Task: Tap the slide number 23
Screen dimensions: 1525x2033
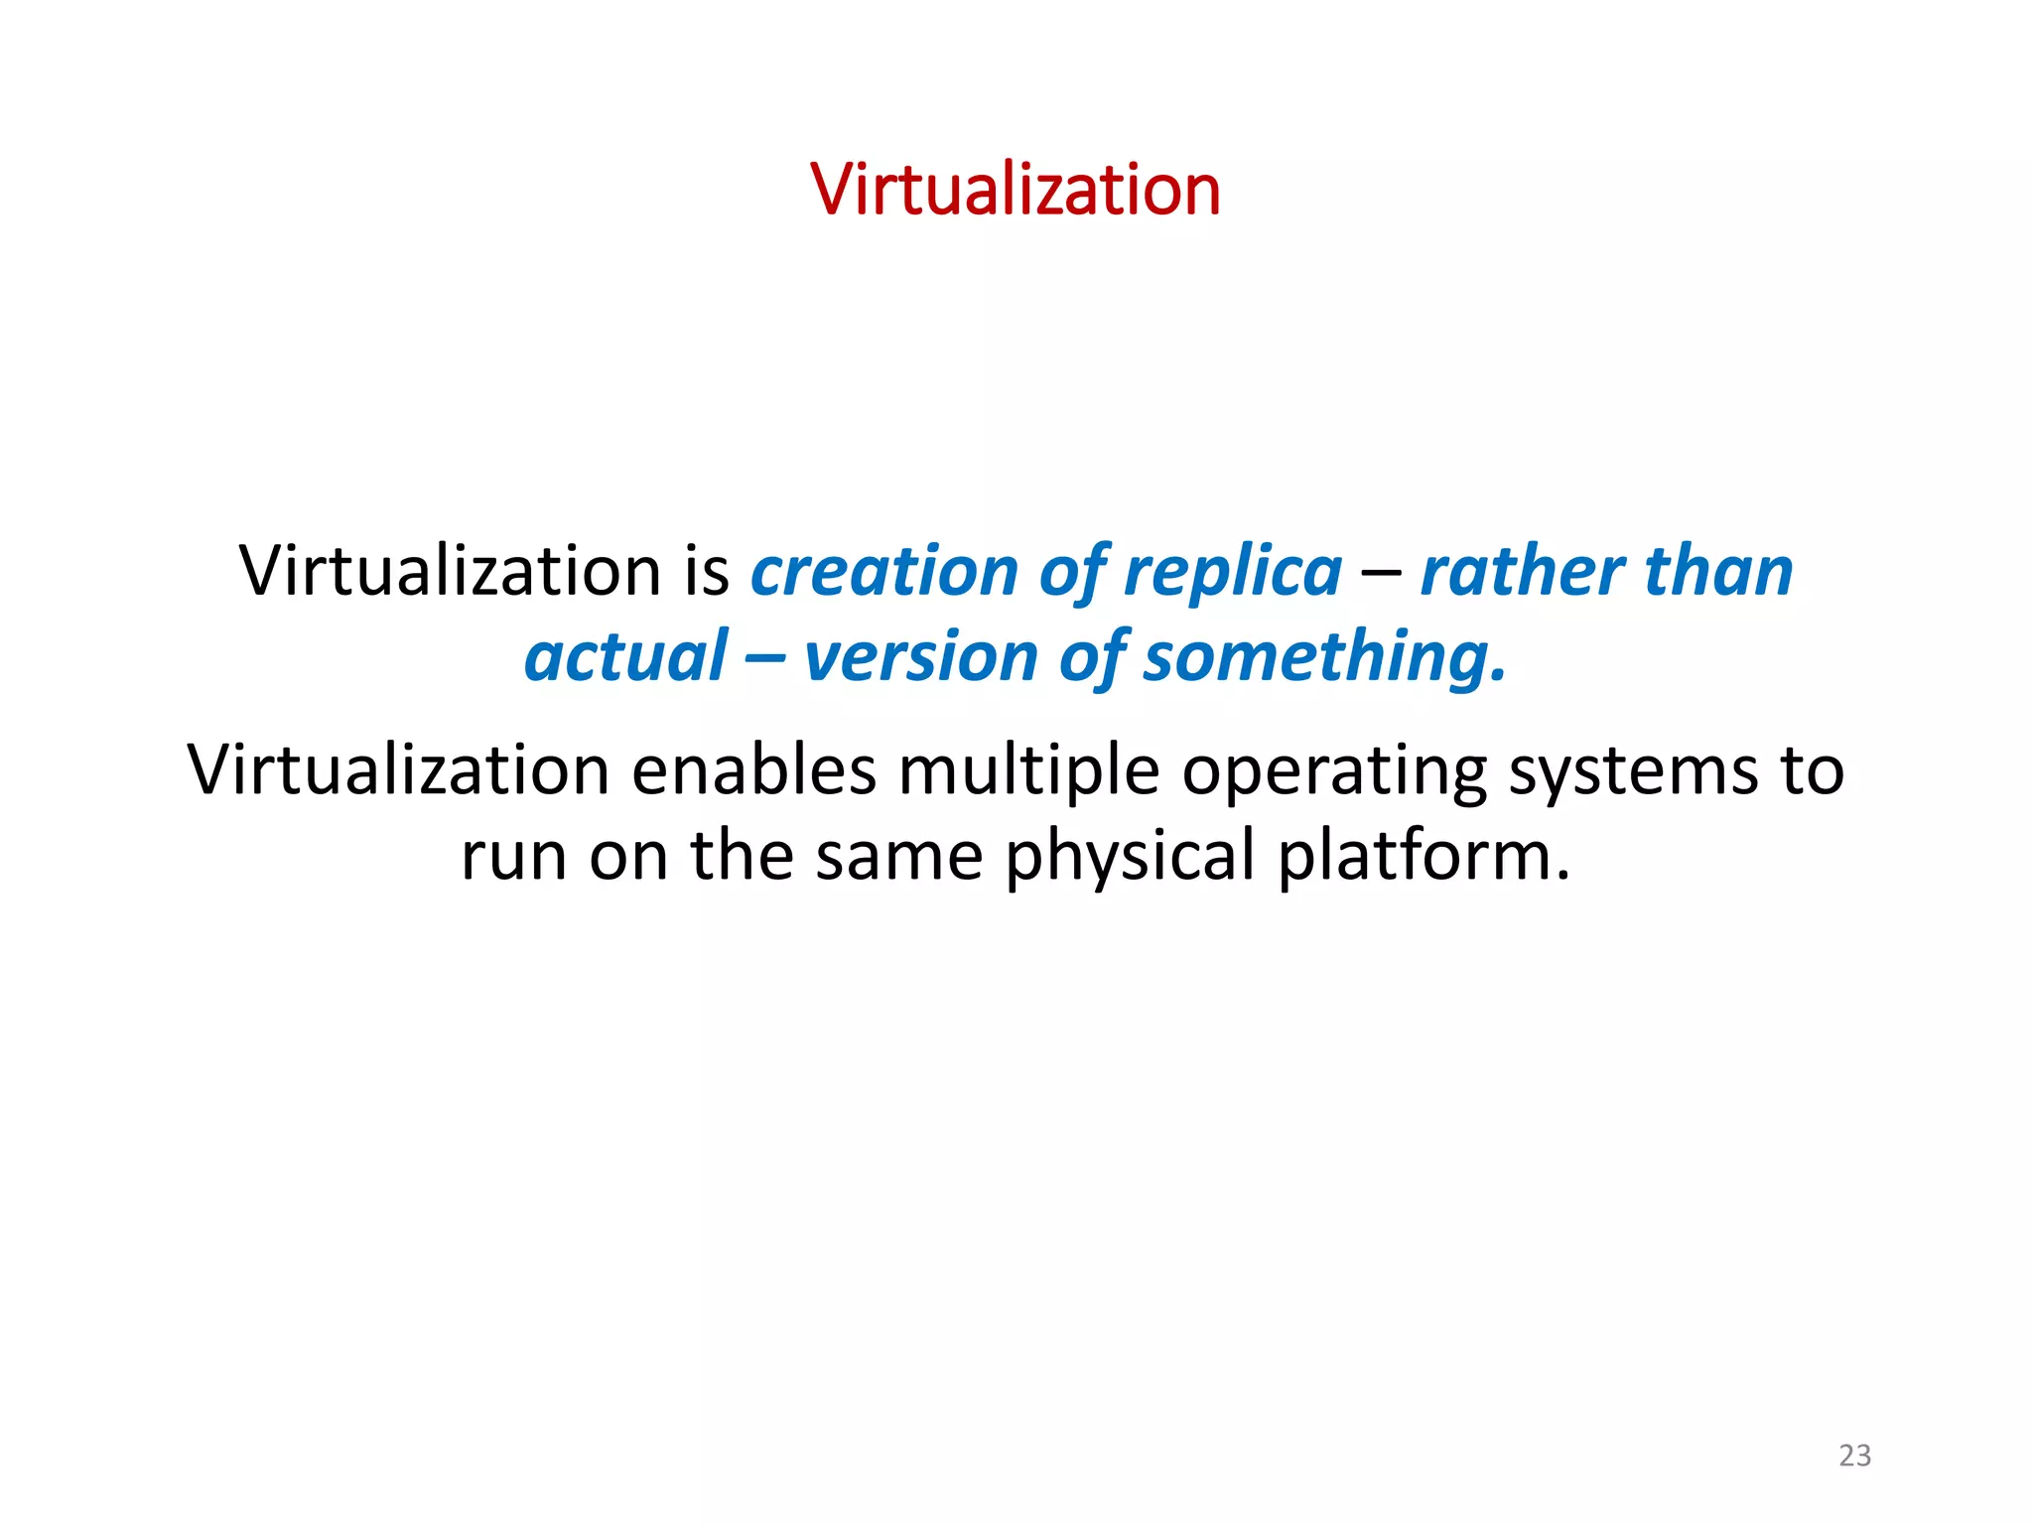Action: pyautogui.click(x=1854, y=1456)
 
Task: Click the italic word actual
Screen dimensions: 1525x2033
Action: pyautogui.click(x=626, y=657)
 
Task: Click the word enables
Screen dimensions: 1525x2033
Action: pyautogui.click(x=754, y=770)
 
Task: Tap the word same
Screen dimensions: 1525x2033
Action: pyautogui.click(x=898, y=856)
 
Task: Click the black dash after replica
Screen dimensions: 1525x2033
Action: pyautogui.click(x=1381, y=574)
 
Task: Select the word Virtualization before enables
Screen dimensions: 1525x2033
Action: pyautogui.click(x=398, y=770)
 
